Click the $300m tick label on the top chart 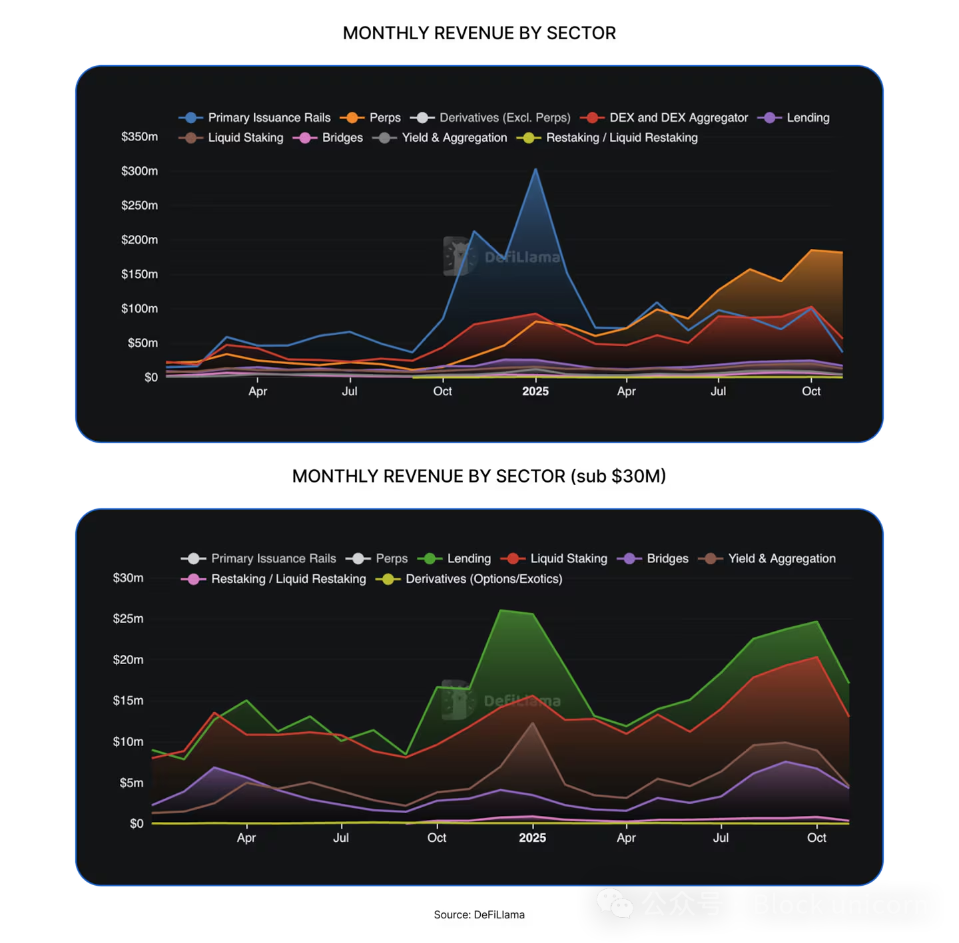coord(139,171)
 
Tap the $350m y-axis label coord(139,136)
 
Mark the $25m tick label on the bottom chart coord(128,618)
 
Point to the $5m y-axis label coord(131,783)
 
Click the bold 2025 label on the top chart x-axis coord(535,391)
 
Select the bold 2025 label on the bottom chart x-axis coord(532,838)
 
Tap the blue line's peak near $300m coord(535,170)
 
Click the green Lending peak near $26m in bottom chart coord(501,610)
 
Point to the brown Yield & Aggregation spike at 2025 coord(532,723)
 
